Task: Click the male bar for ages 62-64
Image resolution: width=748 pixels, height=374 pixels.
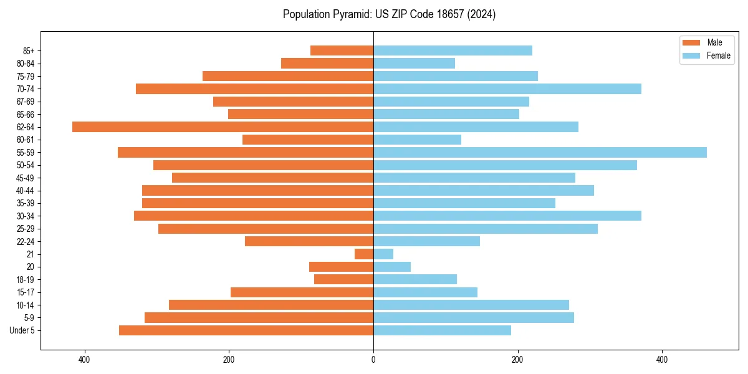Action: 223,127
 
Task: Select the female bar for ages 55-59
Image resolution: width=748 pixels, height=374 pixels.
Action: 540,153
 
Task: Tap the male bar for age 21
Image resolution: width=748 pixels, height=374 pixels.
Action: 364,254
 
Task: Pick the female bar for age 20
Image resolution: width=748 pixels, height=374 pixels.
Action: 392,267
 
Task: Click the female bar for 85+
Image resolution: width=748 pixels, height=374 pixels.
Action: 453,50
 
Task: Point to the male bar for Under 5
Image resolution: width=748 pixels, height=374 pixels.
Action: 246,330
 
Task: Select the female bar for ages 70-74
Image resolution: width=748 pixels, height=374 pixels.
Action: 507,89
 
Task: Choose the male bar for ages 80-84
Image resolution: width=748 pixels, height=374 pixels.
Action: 327,64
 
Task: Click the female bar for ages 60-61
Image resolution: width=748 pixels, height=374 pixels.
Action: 417,140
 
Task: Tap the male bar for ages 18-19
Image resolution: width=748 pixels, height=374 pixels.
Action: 343,280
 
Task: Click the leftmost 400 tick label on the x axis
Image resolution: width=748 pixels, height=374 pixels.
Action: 84,360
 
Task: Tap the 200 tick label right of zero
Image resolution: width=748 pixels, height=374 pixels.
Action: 517,360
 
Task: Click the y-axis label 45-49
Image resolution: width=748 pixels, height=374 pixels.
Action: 25,178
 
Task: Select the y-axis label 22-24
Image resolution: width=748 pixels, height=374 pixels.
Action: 25,242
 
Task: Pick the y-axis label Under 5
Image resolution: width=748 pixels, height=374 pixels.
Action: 22,330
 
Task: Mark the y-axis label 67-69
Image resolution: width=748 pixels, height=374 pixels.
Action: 25,102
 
